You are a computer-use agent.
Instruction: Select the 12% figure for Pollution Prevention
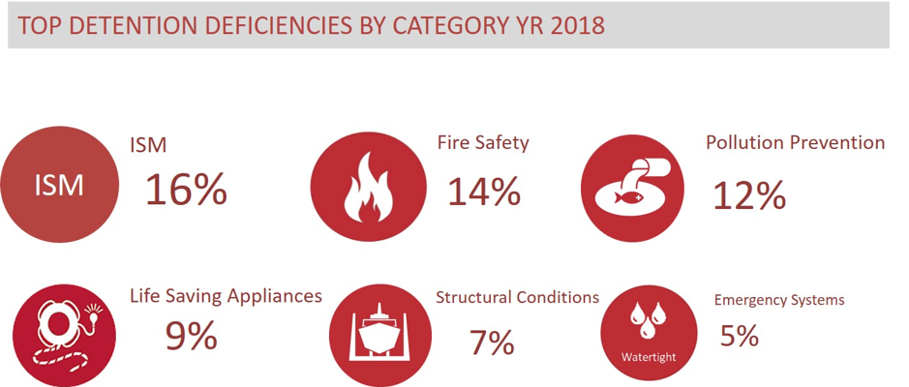[x=749, y=195]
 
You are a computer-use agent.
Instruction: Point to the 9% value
[x=192, y=336]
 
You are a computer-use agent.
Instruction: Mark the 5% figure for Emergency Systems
[x=740, y=335]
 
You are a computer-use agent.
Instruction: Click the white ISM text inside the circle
[x=59, y=187]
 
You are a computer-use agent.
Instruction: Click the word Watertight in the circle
[x=649, y=356]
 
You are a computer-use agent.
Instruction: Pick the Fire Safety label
[x=483, y=142]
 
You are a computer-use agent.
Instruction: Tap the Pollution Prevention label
[x=796, y=142]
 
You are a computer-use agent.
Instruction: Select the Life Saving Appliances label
[x=227, y=297]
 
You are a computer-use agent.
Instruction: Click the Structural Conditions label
[x=517, y=298]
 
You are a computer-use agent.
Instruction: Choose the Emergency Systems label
[x=779, y=300]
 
